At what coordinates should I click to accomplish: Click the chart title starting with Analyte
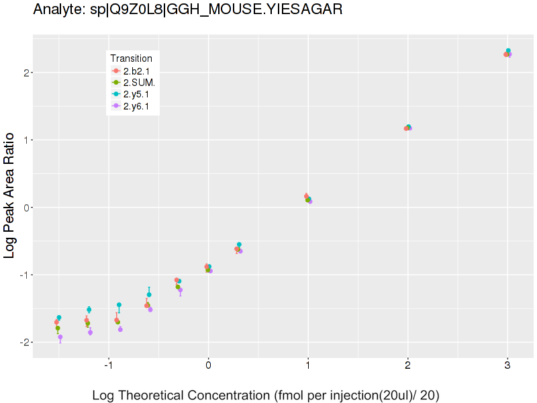[187, 9]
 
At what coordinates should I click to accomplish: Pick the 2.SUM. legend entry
[139, 83]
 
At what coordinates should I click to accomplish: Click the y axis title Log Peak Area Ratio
[10, 195]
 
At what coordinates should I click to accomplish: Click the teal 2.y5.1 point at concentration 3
[509, 50]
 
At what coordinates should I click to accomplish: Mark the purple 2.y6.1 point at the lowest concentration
[60, 337]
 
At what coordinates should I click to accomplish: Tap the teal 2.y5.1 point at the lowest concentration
[59, 317]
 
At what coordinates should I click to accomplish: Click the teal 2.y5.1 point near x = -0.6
[149, 295]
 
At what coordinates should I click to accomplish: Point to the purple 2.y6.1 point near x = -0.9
[120, 329]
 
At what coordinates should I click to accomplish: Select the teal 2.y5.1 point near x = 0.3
[239, 244]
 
